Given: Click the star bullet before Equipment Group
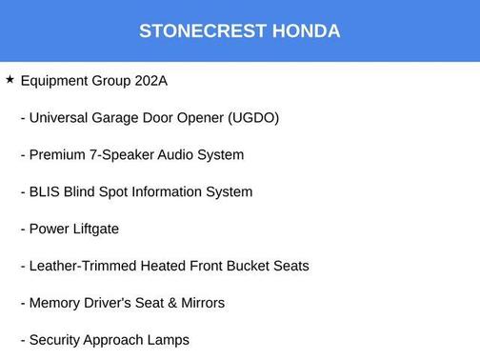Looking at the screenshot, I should coord(10,80).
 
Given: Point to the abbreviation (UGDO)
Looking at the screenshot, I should coord(253,118).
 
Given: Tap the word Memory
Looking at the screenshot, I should coord(55,303).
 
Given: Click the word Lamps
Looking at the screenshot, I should coord(169,340).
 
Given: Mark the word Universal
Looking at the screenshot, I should coord(60,118).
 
